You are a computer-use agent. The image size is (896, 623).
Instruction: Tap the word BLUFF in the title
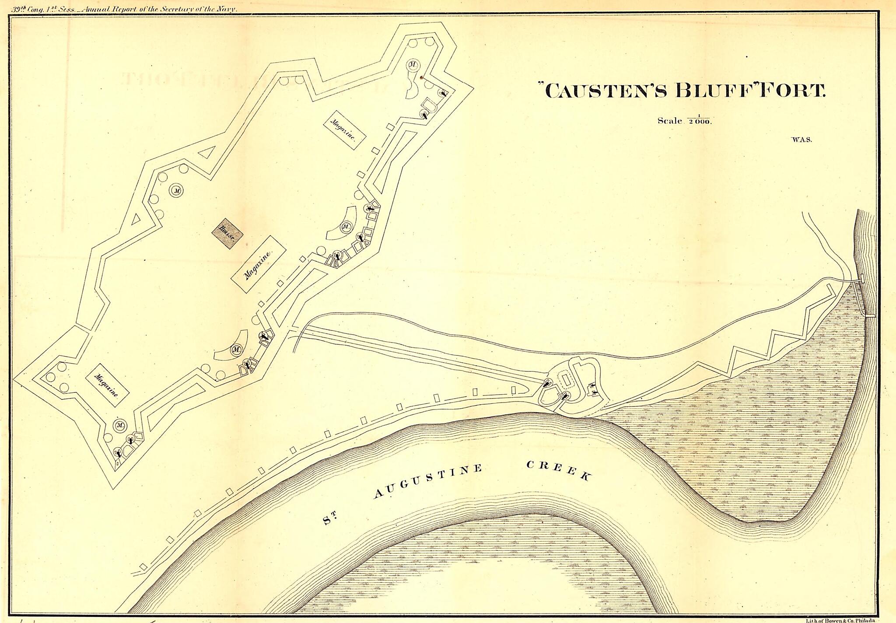point(714,90)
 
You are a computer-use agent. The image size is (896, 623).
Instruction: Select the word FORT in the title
point(793,90)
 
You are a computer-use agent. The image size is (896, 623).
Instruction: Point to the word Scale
point(670,121)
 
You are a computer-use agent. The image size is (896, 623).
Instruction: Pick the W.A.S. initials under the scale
point(801,140)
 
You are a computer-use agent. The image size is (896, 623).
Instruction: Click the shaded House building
point(227,233)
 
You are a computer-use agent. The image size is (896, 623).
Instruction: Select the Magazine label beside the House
point(259,264)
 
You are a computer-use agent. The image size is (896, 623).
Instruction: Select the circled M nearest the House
point(177,191)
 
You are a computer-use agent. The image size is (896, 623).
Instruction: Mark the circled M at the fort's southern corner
point(120,425)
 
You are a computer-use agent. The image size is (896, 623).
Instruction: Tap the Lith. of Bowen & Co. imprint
point(840,620)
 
